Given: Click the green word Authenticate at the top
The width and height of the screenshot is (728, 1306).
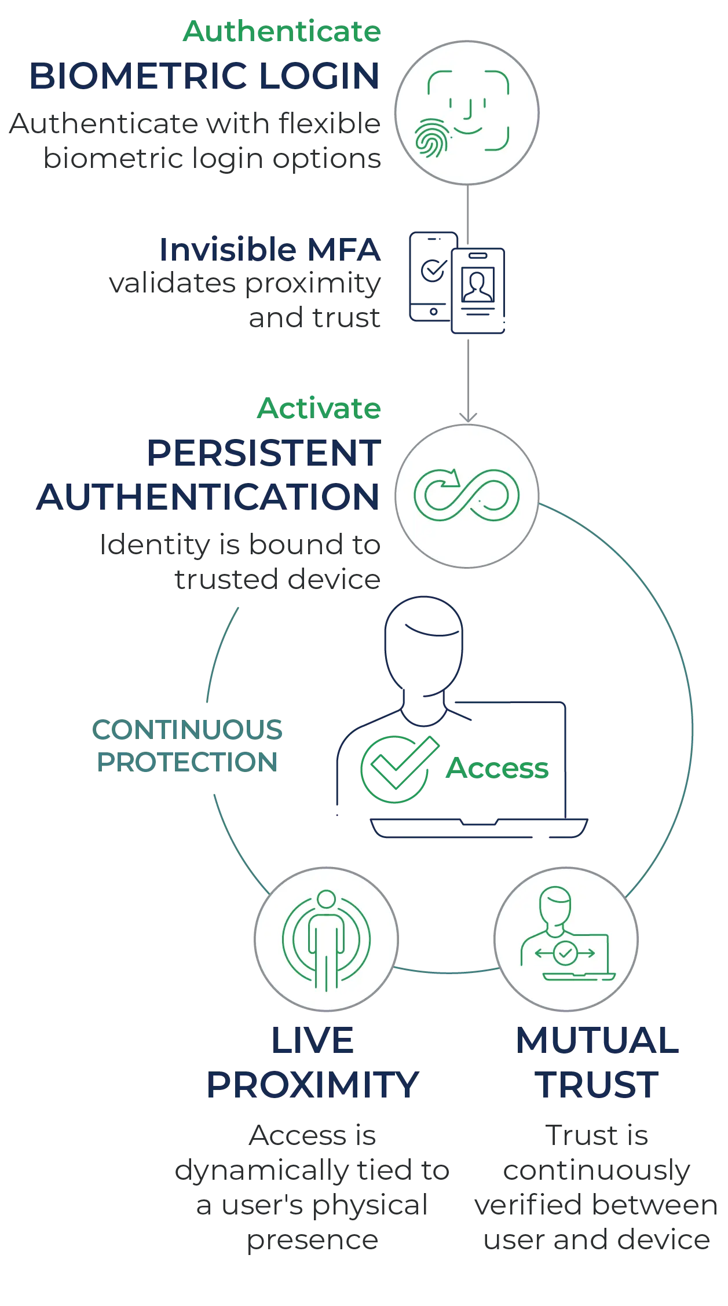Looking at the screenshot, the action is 282,31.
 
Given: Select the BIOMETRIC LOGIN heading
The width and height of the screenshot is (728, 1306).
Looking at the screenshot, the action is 204,76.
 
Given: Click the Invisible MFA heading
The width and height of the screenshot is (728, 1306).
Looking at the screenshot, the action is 270,250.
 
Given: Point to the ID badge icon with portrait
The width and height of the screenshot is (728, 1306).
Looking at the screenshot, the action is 478,291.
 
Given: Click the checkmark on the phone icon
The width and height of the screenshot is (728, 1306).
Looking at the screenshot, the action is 434,269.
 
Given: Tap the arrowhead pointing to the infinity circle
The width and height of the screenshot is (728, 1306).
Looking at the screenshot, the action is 468,417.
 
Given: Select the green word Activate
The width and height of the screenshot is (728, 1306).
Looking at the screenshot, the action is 319,408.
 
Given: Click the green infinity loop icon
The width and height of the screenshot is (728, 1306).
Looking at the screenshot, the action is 466,495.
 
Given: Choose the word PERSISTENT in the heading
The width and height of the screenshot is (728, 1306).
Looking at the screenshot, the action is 264,453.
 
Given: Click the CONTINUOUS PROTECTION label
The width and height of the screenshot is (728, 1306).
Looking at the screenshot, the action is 187,746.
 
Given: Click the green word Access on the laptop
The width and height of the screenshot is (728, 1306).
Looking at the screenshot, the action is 497,769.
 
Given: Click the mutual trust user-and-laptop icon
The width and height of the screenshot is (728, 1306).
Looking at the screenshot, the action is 567,934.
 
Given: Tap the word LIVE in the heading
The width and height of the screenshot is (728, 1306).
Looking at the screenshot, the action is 312,1040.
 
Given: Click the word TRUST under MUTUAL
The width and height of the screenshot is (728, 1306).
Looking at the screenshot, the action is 597,1085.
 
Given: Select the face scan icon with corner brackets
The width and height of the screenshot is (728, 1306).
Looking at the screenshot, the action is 469,110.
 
